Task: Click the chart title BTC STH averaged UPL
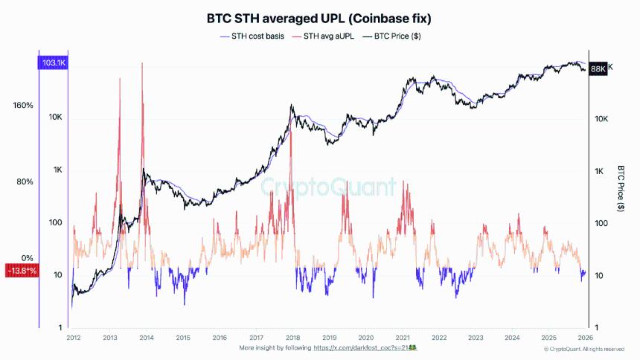[x=319, y=16]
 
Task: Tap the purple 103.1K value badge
[x=52, y=64]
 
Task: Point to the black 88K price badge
[x=598, y=68]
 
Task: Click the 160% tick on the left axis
[x=23, y=106]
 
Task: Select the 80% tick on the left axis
[x=25, y=182]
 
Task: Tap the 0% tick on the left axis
[x=28, y=258]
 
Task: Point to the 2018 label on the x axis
[x=293, y=337]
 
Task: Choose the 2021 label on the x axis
[x=403, y=337]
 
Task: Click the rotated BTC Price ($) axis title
[x=621, y=189]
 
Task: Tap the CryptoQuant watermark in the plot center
[x=328, y=186]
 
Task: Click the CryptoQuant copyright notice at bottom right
[x=583, y=348]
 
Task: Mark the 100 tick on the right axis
[x=600, y=223]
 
